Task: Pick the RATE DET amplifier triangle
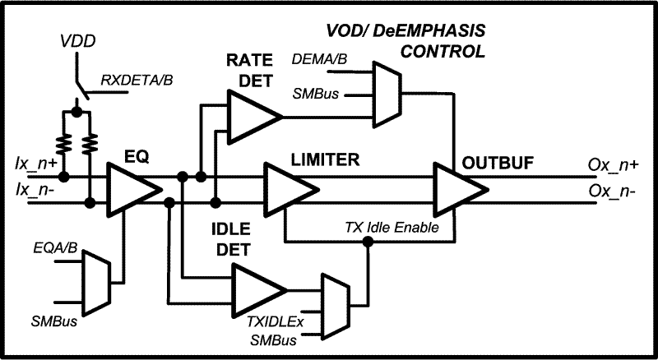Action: pos(253,116)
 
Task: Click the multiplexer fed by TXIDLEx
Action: pos(333,300)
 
